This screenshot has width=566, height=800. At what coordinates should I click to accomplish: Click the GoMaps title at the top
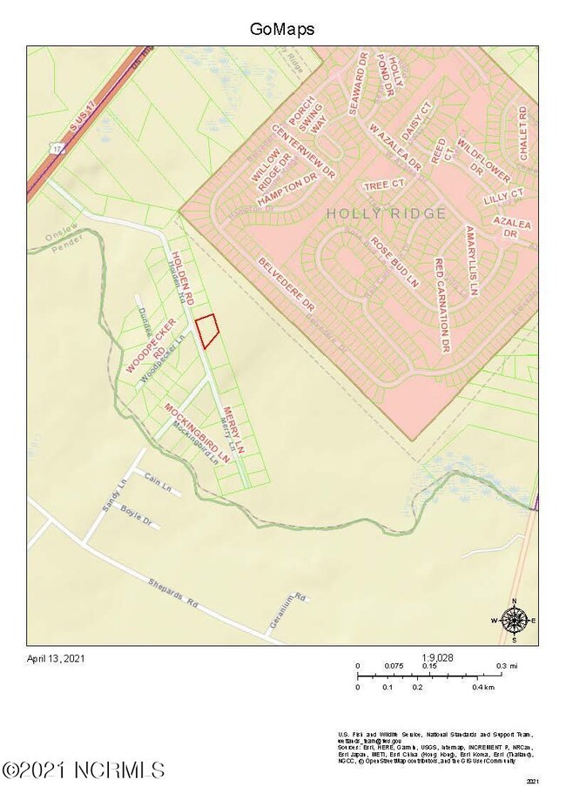click(282, 29)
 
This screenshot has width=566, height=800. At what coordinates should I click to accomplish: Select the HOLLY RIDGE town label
click(386, 213)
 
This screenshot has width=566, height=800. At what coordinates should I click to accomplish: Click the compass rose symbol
click(515, 620)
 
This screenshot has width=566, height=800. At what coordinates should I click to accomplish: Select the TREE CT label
click(384, 185)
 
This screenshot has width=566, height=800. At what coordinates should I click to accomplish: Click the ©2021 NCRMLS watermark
click(84, 770)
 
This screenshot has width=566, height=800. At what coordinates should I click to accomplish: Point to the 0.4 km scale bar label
click(483, 687)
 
